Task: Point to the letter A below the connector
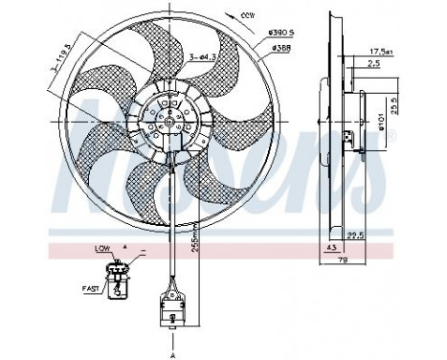click(x=172, y=351)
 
